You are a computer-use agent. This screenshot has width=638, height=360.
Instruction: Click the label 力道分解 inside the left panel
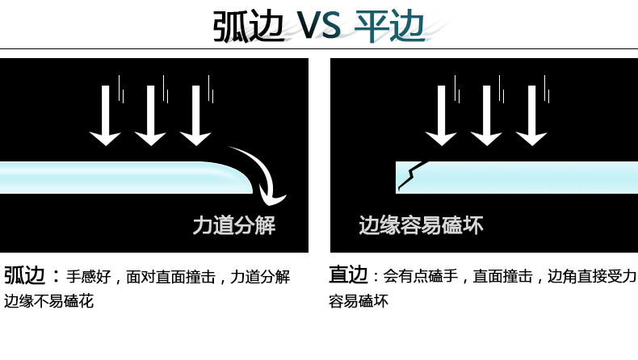234,225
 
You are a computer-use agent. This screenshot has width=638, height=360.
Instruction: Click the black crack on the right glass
409,175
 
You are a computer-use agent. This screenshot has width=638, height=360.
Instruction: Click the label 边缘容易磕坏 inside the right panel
421,225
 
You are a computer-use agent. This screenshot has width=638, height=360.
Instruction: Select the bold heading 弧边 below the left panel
25,275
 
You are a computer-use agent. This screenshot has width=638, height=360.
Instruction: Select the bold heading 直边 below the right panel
349,275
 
